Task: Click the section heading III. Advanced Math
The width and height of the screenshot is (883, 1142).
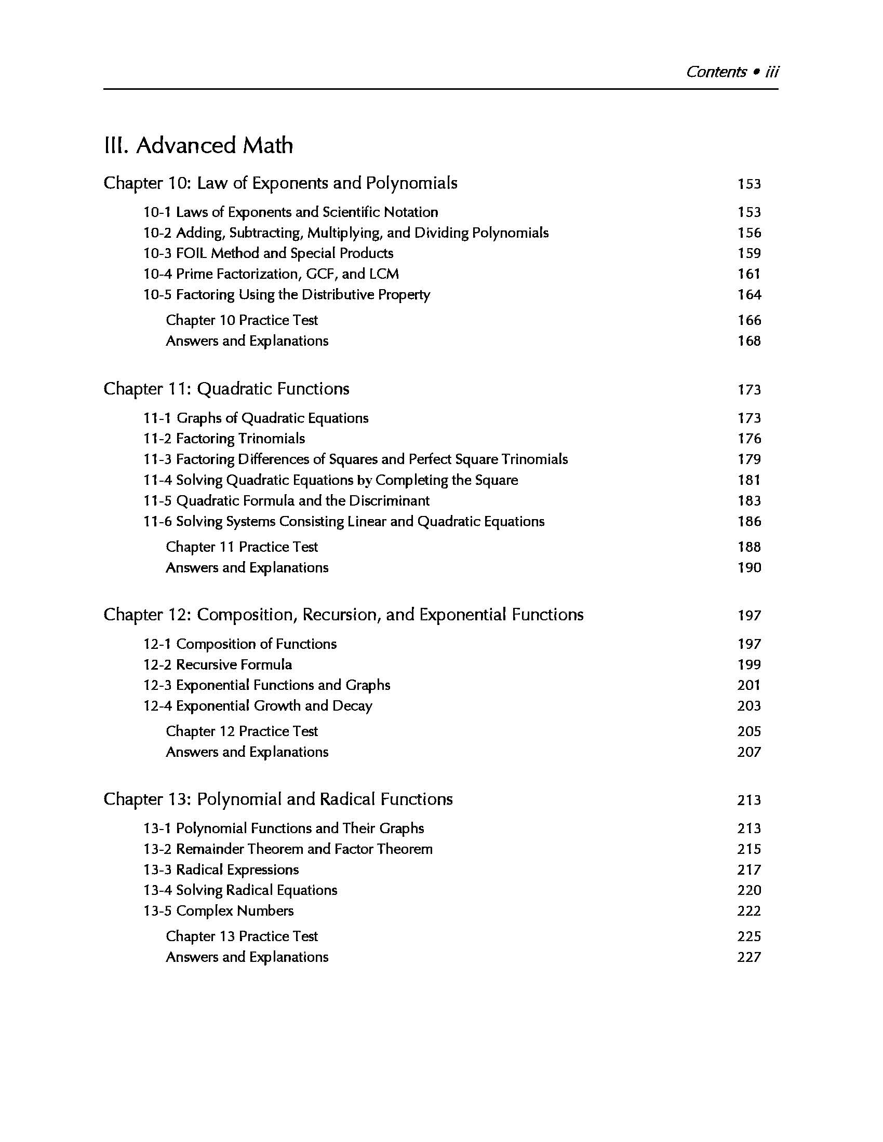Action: click(x=198, y=145)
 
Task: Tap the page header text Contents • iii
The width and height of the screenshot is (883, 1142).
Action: click(x=732, y=72)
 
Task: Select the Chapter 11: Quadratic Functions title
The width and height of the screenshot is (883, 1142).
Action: click(x=226, y=389)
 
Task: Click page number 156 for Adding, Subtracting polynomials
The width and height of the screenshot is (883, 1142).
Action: click(x=749, y=233)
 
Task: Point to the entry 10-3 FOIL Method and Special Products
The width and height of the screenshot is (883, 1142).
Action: click(x=269, y=253)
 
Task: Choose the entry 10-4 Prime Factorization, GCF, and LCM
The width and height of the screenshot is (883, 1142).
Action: click(x=271, y=274)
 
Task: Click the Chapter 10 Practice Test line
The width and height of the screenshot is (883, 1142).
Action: click(x=242, y=320)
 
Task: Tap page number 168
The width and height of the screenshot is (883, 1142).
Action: click(x=749, y=341)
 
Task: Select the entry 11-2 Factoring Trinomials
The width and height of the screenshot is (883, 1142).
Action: click(x=224, y=439)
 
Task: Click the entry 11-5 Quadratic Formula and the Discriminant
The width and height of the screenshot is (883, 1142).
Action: click(x=286, y=501)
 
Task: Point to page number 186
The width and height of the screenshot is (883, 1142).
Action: click(x=749, y=521)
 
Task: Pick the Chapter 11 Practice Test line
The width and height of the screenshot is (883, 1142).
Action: click(x=242, y=547)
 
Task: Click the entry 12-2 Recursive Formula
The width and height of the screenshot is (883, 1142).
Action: click(x=218, y=664)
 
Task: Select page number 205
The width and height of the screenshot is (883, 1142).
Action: click(x=749, y=731)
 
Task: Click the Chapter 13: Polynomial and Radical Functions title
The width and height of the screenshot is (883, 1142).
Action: click(x=278, y=799)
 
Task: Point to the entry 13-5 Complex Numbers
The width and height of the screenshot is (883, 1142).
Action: click(x=218, y=911)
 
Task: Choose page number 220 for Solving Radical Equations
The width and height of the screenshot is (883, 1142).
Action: click(x=749, y=890)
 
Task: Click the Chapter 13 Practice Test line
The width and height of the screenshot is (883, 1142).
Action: click(x=242, y=936)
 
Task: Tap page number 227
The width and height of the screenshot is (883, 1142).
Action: click(x=749, y=957)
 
